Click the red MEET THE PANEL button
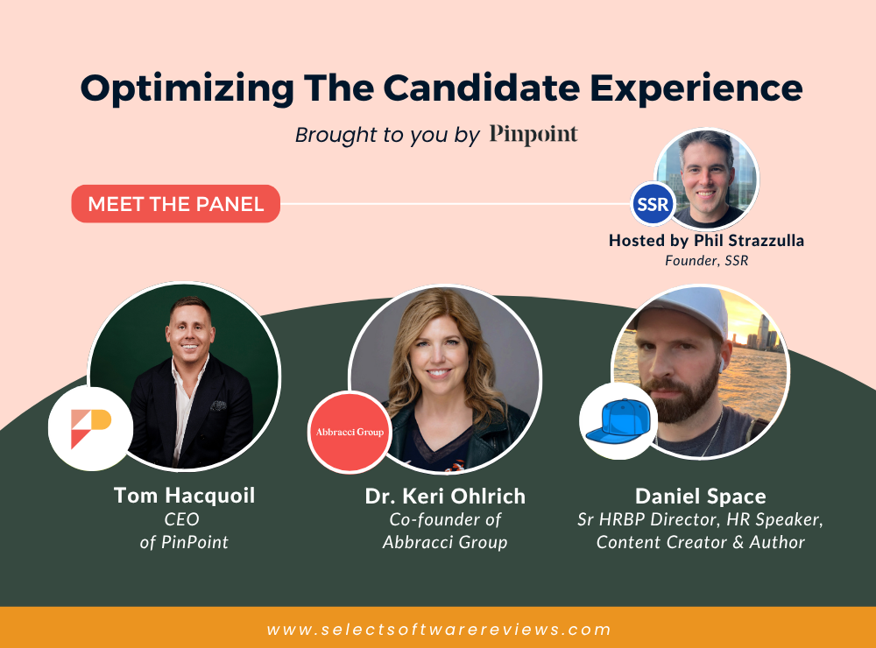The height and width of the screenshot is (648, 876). click(175, 204)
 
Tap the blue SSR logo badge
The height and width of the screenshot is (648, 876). click(653, 204)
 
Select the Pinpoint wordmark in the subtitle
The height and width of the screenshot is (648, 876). click(533, 134)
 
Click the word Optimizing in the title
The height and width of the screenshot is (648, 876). click(187, 89)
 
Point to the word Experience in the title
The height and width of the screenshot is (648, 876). click(696, 89)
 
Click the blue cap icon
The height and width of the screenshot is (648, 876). click(618, 421)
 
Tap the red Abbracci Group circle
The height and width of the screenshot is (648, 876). click(350, 432)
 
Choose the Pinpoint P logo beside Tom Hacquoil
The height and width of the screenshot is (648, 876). click(91, 428)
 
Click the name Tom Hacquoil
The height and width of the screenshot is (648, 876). click(184, 496)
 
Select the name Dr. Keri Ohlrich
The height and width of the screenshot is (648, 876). click(445, 496)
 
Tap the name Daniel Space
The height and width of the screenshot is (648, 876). click(701, 496)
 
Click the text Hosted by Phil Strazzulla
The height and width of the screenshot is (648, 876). click(706, 240)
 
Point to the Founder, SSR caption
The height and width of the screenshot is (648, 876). click(706, 260)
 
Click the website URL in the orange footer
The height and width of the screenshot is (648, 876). click(439, 630)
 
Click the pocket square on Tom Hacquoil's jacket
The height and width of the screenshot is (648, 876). click(218, 405)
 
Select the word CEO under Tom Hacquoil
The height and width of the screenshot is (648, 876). click(181, 519)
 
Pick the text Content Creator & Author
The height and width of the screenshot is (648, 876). click(701, 542)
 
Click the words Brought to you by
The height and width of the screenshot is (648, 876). click(387, 135)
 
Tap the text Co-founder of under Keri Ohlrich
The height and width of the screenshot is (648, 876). click(445, 519)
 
